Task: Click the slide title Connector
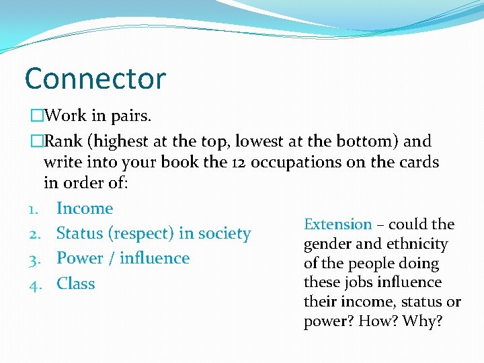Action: [95, 79]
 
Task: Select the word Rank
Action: [65, 141]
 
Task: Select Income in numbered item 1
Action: [85, 208]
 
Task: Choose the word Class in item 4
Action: [76, 284]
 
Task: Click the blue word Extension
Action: [338, 225]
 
